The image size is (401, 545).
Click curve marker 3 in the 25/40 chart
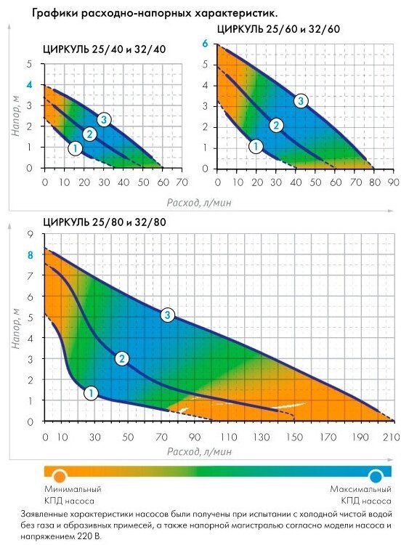(x=104, y=120)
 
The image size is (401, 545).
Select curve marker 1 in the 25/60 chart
(x=256, y=146)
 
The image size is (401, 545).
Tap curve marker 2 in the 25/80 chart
(x=121, y=358)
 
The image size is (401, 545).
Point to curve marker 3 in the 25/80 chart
(x=168, y=315)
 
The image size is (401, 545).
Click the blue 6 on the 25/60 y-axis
(x=205, y=44)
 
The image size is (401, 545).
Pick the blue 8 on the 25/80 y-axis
(x=31, y=256)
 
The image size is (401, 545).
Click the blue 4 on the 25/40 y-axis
(x=30, y=84)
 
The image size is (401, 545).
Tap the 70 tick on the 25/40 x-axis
(x=182, y=182)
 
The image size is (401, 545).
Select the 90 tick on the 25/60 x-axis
(x=394, y=182)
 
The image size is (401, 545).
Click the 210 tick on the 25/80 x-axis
(x=392, y=437)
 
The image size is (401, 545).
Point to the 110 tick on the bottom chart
(x=228, y=437)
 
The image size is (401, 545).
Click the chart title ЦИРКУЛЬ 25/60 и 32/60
(x=278, y=29)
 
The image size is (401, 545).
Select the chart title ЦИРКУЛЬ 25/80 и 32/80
(x=105, y=222)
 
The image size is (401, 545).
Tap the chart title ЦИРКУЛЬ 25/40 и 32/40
(x=105, y=49)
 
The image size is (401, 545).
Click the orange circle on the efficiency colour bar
(x=60, y=476)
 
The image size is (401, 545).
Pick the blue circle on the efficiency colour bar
(x=376, y=476)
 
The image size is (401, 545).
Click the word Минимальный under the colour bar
(x=73, y=489)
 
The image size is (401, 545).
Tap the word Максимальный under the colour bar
(x=361, y=489)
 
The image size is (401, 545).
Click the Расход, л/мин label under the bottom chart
(x=199, y=451)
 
